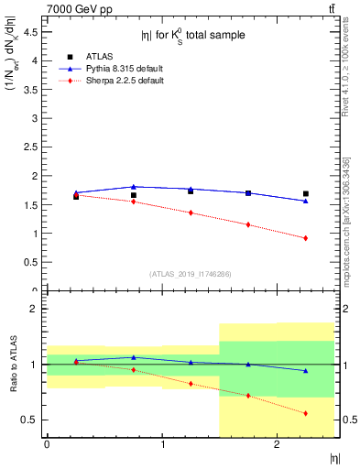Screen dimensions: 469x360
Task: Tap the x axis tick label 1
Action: click(x=163, y=446)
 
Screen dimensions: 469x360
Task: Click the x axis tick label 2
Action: click(x=278, y=446)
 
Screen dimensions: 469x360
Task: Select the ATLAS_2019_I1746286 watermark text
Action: click(x=191, y=274)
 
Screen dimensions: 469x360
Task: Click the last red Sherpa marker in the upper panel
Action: click(x=305, y=238)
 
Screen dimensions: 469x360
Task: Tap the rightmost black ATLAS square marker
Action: click(x=305, y=193)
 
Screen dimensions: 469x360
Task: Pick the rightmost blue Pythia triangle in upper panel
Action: click(x=305, y=201)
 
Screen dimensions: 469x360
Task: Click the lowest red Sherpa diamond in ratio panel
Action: click(x=305, y=413)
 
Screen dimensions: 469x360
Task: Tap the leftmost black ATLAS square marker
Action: click(x=76, y=196)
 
